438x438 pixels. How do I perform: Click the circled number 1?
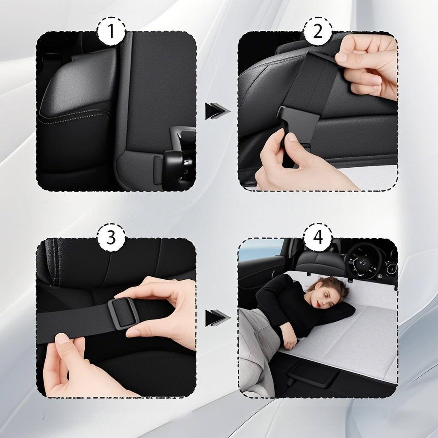point(111,31)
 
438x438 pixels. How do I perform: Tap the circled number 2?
point(318,31)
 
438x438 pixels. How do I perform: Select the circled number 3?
point(111,238)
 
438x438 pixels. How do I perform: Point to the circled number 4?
point(318,238)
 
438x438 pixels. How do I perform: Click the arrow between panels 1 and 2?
point(218,111)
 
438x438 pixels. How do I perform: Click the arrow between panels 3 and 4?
point(218,318)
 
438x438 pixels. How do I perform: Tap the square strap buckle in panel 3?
point(122,313)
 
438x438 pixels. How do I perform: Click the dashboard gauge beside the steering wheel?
point(391,268)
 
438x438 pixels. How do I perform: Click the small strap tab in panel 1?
point(158,170)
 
